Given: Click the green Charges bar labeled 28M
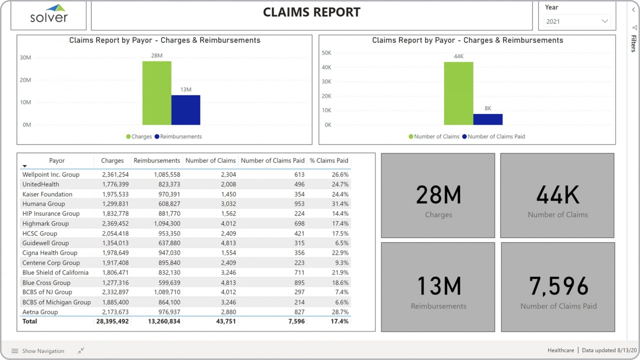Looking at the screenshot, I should pos(156,93).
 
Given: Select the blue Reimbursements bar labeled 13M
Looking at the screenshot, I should pos(185,110).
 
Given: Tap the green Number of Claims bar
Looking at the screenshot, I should pos(458,93).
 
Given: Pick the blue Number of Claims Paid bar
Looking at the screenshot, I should pos(487,119).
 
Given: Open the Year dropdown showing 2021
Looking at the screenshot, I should pos(577,21).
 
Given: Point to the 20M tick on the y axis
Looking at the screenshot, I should pos(25,80).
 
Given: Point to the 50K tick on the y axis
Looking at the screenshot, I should pos(326,53).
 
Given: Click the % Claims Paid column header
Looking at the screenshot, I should pos(328,160).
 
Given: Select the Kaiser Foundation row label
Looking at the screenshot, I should pos(47,194).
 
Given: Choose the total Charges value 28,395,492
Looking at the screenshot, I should pos(112,321).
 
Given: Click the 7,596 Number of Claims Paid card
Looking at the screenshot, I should pos(558,287).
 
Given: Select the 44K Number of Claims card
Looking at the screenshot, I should pos(557,195).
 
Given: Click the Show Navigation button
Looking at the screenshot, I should pos(38,351).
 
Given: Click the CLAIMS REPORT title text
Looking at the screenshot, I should pos(311,12).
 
